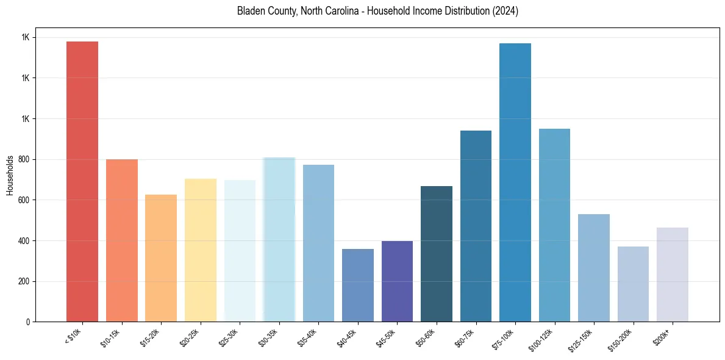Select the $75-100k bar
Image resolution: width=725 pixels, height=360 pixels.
pos(515,182)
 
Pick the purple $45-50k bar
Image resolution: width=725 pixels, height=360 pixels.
pos(397,281)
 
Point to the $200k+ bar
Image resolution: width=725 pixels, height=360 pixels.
pos(673,275)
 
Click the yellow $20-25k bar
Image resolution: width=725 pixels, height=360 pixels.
pos(201,250)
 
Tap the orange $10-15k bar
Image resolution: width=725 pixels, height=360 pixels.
pos(122,240)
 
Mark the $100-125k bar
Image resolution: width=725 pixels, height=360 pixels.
pos(554,225)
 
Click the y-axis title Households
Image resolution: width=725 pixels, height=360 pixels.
pos(10,175)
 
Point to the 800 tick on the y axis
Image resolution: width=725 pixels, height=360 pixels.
pos(24,159)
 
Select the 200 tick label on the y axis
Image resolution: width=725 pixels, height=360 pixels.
pos(24,281)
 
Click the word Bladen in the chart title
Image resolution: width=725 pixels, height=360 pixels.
pos(250,12)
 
